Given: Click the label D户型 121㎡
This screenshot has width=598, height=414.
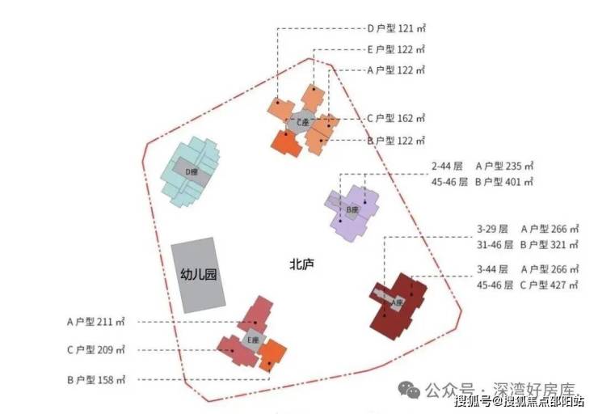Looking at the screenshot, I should (396, 28).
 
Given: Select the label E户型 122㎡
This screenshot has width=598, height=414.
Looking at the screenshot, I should (396, 49).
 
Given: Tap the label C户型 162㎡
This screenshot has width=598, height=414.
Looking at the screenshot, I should (396, 119).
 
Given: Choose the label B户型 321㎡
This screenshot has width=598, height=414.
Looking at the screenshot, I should (550, 244).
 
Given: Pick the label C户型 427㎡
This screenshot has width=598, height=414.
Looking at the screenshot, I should (550, 285).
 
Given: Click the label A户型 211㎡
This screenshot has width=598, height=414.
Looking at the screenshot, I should (95, 322).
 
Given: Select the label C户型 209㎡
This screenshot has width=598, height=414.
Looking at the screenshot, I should (95, 350).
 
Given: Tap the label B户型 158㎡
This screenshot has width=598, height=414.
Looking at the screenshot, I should (95, 378).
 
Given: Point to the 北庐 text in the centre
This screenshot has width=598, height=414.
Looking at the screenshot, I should (301, 264).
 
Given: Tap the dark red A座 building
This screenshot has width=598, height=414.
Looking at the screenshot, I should (398, 305).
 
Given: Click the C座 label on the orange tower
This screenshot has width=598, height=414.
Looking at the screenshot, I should (302, 121).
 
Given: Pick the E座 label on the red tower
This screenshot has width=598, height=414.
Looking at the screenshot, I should (253, 340).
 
